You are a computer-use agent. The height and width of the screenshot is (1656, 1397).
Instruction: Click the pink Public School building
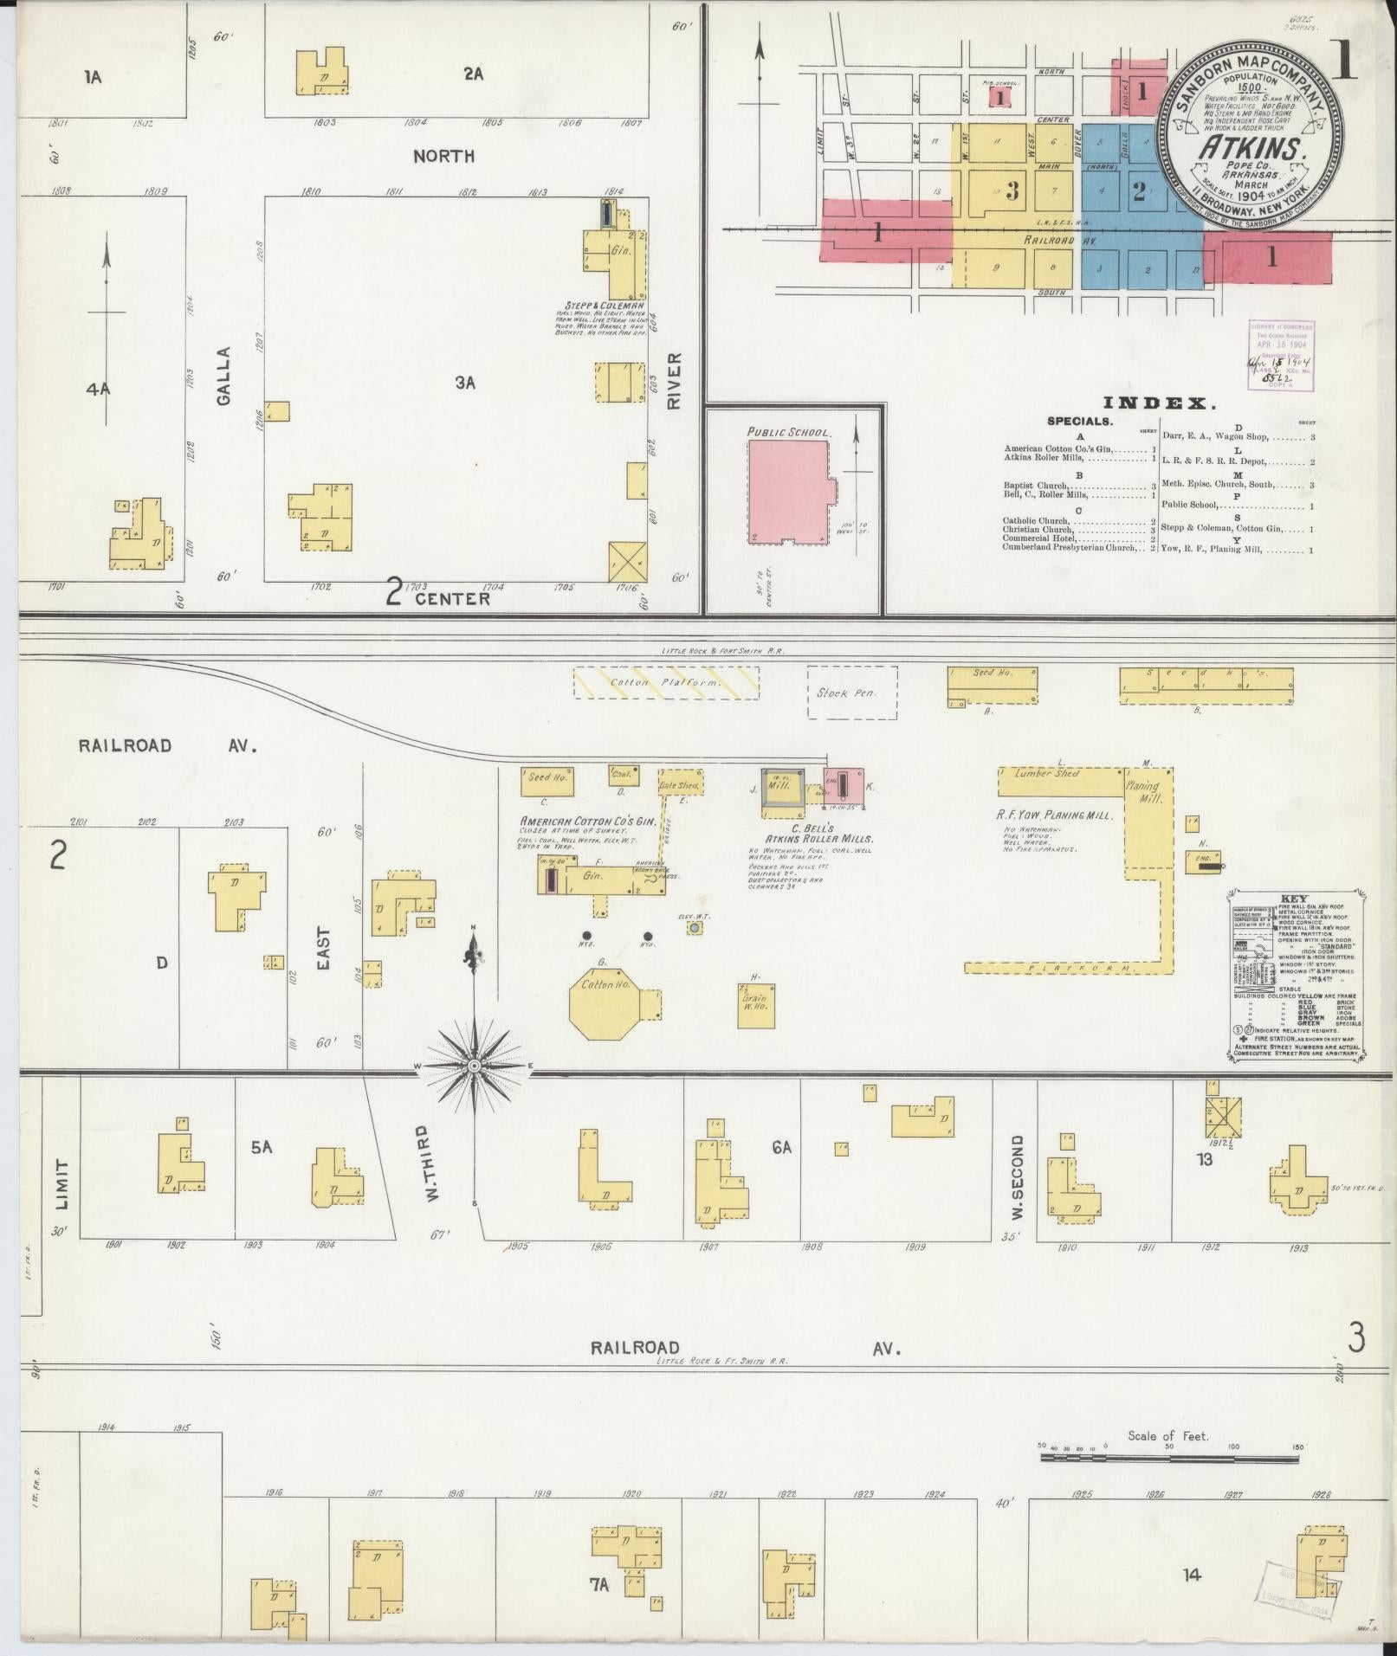(x=787, y=491)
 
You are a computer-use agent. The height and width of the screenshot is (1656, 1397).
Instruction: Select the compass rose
(x=474, y=1065)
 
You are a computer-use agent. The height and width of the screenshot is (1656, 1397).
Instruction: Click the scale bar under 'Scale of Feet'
(x=1168, y=1458)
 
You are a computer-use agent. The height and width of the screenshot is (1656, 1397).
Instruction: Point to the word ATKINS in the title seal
(x=1252, y=149)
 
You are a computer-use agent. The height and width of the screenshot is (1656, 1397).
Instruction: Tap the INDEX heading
(x=1160, y=403)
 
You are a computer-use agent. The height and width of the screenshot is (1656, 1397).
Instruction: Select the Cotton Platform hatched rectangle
(x=666, y=682)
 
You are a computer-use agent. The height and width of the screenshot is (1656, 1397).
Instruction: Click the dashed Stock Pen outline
(x=852, y=692)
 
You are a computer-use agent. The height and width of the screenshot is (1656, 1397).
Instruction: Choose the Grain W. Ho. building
(x=755, y=1006)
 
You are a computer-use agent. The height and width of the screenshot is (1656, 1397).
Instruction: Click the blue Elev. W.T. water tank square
(x=694, y=928)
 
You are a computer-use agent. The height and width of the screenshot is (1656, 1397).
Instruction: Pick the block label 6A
(x=781, y=1147)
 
